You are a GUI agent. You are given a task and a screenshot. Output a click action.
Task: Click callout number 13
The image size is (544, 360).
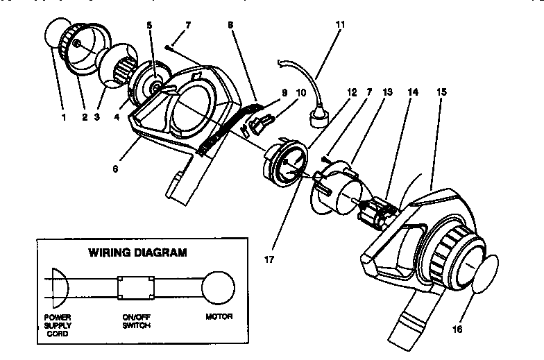click(386, 91)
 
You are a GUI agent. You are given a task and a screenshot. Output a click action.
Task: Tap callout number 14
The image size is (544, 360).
click(414, 91)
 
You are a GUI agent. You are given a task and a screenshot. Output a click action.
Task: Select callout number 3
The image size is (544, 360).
click(98, 117)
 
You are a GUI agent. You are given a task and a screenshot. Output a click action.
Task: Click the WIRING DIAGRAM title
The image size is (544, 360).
click(137, 252)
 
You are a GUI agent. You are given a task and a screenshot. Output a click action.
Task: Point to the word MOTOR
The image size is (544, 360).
click(219, 317)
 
